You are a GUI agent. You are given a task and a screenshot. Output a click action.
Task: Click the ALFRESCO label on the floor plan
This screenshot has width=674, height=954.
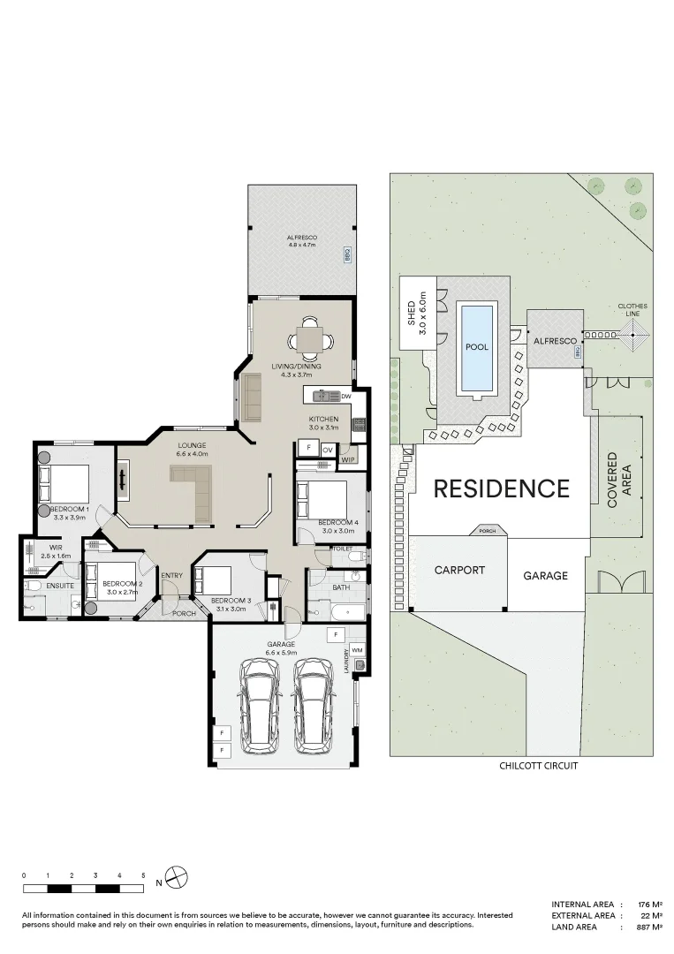click(x=301, y=239)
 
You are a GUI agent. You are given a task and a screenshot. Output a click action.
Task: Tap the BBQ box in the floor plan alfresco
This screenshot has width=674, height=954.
click(x=347, y=254)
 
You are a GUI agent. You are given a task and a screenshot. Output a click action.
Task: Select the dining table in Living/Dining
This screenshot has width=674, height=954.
click(x=309, y=337)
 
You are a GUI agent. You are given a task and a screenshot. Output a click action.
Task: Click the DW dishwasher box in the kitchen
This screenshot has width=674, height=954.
click(x=345, y=397)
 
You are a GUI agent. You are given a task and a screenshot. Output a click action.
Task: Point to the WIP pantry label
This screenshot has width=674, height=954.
click(x=347, y=459)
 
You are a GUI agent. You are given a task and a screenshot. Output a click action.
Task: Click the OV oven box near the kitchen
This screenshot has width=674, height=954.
click(x=327, y=450)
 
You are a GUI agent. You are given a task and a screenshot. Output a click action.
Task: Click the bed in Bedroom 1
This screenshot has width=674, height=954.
click(x=64, y=483)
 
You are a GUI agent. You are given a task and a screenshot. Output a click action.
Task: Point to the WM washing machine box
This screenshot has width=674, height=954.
click(x=358, y=650)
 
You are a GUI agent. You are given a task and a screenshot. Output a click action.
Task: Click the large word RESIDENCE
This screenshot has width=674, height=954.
click(x=501, y=488)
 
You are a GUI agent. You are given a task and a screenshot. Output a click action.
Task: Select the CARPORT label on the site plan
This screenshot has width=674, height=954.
click(x=459, y=570)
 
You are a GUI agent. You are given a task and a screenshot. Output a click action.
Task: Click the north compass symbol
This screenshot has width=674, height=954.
click(x=178, y=880)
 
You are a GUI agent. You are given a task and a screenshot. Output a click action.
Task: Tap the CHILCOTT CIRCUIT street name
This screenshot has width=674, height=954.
click(x=538, y=766)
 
